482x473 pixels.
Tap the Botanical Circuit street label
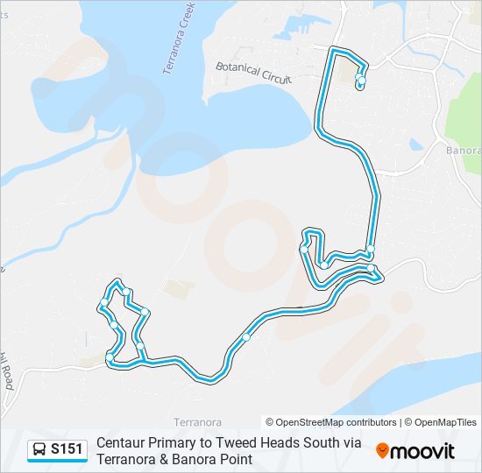tap(253, 72)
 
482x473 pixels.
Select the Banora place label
tap(464, 150)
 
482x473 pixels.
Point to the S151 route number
tap(67, 449)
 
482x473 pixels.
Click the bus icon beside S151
tap(40, 450)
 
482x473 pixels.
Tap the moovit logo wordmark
tap(422, 451)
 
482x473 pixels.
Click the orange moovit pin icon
tap(382, 450)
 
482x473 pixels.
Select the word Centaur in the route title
tap(123, 443)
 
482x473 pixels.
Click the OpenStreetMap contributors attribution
tap(330, 422)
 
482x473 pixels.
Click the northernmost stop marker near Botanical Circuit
tap(359, 79)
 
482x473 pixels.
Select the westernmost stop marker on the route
tap(104, 303)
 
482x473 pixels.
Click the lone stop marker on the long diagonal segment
tap(247, 337)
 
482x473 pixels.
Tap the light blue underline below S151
tap(57, 462)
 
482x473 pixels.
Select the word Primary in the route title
tap(176, 443)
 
